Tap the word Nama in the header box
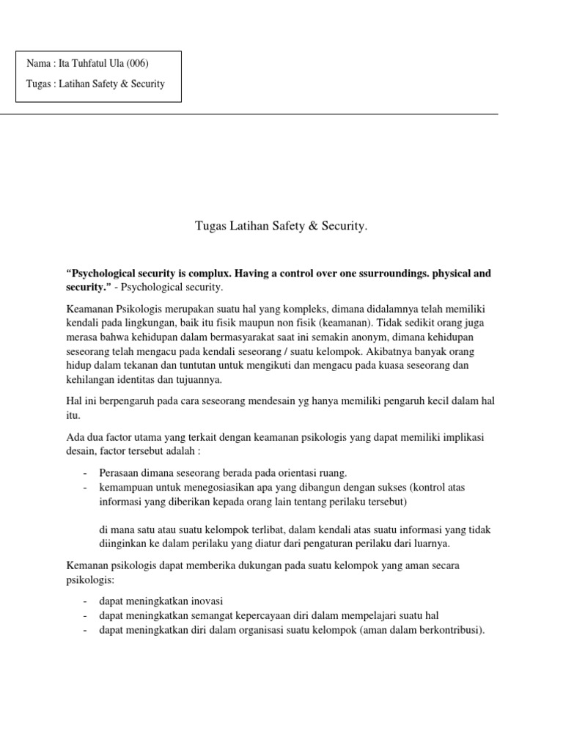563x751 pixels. pos(38,64)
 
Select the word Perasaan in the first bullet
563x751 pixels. pos(119,472)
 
